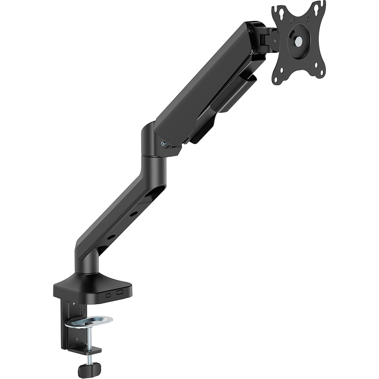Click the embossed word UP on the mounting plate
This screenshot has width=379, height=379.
click(x=293, y=21)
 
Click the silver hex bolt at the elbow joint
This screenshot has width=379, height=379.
click(x=163, y=144)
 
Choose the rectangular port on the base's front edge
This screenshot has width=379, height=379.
click(x=120, y=292)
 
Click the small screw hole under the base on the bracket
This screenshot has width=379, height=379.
click(x=74, y=304)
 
